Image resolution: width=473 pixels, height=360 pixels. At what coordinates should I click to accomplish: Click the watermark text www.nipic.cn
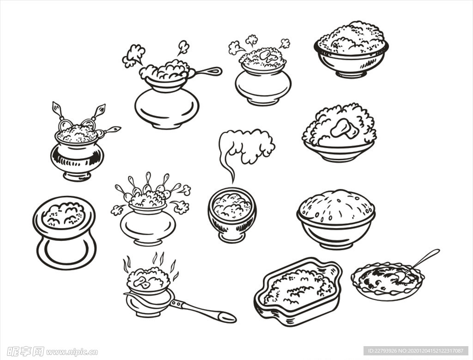72,352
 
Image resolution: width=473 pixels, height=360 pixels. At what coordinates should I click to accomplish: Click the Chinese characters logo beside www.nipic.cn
26,351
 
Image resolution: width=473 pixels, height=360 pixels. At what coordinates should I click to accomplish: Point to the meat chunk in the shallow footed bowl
344,129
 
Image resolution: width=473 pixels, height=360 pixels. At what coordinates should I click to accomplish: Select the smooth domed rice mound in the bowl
336,206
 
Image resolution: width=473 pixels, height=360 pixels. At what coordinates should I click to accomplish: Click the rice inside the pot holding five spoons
147,199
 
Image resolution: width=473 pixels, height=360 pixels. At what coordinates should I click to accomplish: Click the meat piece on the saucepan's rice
142,282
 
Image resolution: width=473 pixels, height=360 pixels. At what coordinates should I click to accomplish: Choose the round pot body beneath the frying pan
167,108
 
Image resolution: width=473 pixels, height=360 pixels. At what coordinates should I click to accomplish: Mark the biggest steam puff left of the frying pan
133,56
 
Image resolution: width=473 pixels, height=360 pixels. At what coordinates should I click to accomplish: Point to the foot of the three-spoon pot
77,176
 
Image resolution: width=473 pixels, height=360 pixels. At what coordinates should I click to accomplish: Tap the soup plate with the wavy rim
388,281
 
